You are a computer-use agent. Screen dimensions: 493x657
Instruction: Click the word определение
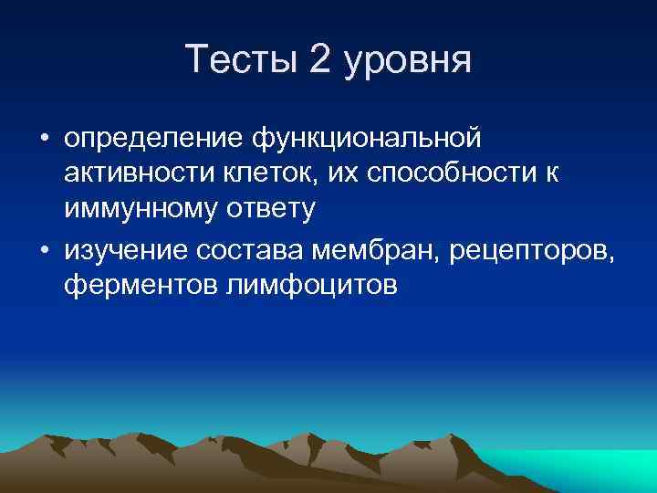pos(155,140)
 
